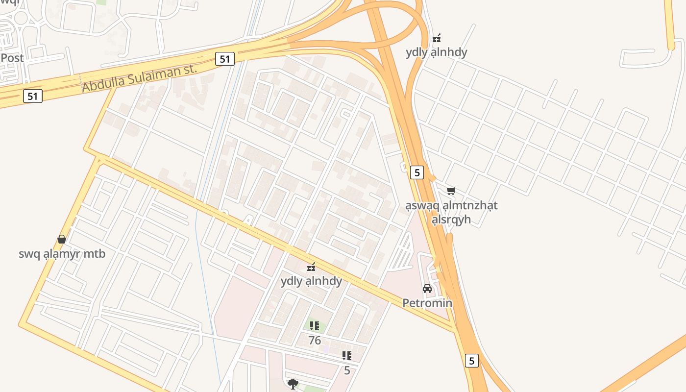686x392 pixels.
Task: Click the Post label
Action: [x=12, y=58]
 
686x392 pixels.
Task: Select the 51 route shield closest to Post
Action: [x=33, y=96]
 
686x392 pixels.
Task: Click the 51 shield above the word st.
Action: [x=224, y=59]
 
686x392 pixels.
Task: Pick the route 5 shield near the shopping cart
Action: [x=416, y=172]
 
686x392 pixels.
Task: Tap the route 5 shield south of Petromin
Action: [x=471, y=361]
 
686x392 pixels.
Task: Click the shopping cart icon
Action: [x=451, y=191]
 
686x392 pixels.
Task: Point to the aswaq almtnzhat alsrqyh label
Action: [x=451, y=212]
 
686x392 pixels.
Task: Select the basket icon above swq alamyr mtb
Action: [x=62, y=239]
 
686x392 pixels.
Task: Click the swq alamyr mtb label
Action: [x=62, y=254]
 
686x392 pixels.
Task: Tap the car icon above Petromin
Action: [x=427, y=289]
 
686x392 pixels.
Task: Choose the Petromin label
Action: [x=427, y=303]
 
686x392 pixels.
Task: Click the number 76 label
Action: [x=315, y=340]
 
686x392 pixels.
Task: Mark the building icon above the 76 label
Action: [x=315, y=325]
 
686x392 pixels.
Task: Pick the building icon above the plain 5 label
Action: [x=347, y=356]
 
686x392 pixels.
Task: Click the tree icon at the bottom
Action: [x=293, y=383]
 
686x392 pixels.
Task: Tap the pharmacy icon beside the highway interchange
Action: [x=436, y=38]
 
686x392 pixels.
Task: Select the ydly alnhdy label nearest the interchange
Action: [x=436, y=52]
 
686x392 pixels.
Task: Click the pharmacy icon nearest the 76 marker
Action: [x=311, y=267]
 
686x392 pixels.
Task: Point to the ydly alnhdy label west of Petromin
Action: [x=311, y=281]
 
